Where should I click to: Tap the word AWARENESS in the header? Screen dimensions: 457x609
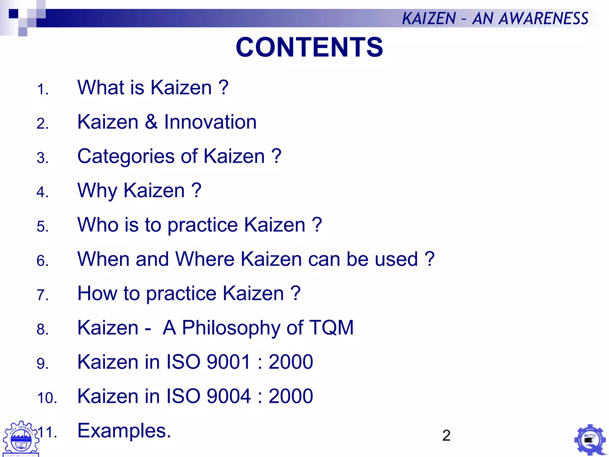click(543, 18)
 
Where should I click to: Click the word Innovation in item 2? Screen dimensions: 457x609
click(210, 122)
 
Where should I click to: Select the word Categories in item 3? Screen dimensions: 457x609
click(125, 156)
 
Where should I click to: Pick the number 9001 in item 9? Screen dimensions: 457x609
click(228, 362)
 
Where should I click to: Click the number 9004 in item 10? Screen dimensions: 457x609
click(228, 396)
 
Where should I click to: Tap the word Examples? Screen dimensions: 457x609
click(124, 431)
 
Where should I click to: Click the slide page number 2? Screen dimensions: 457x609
click(446, 436)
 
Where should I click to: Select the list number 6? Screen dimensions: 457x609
click(43, 261)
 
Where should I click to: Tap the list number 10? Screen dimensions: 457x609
click(47, 398)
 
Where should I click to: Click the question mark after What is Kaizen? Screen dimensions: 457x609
click(224, 87)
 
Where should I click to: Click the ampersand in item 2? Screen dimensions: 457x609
click(151, 122)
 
